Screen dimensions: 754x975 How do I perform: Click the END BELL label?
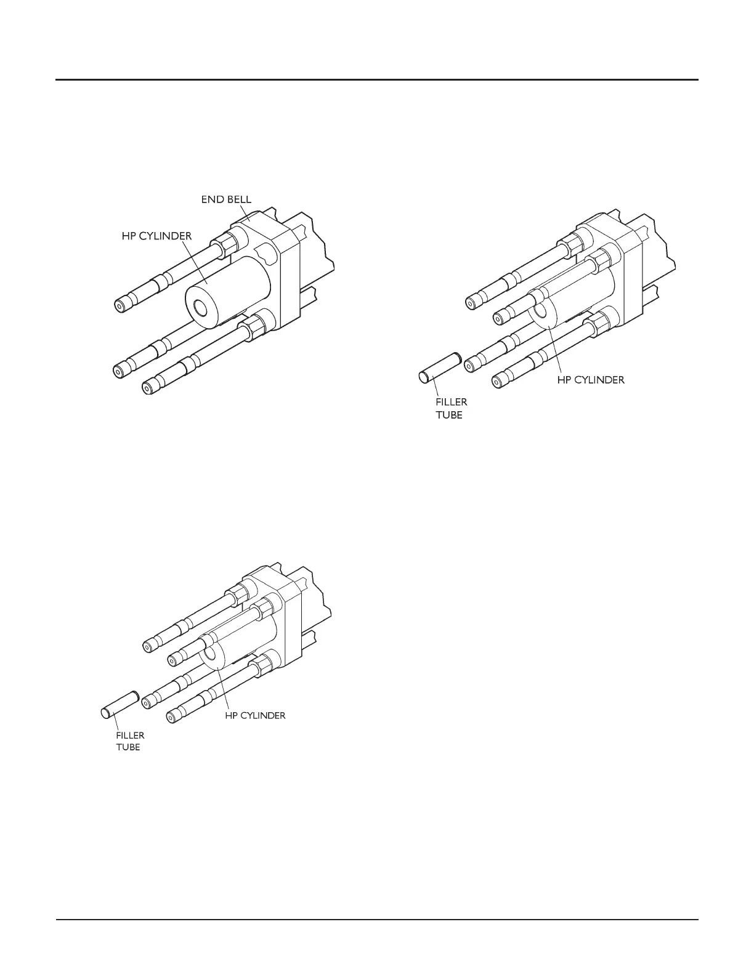pyautogui.click(x=226, y=199)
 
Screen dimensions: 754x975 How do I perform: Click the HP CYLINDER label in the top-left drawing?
pyautogui.click(x=156, y=236)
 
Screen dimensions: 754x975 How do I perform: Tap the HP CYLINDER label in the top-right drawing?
pyautogui.click(x=591, y=380)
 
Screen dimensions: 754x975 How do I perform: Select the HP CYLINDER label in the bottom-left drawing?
pyautogui.click(x=254, y=715)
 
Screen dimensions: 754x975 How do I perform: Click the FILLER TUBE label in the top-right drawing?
pyautogui.click(x=452, y=408)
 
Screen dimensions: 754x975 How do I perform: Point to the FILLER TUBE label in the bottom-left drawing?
pyautogui.click(x=130, y=741)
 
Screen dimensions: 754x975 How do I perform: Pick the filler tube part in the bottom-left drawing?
pyautogui.click(x=119, y=704)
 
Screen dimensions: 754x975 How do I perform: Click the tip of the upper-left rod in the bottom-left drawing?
pyautogui.click(x=148, y=646)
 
